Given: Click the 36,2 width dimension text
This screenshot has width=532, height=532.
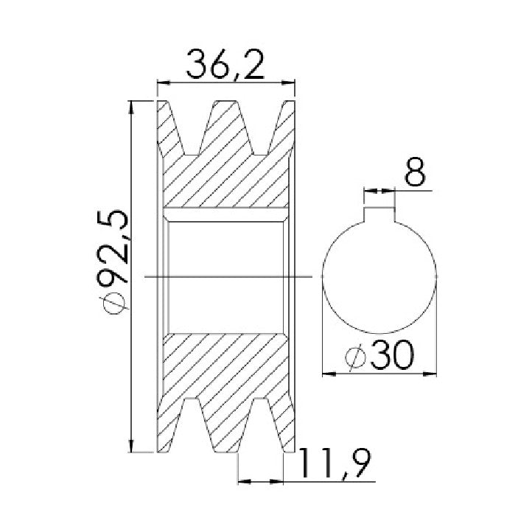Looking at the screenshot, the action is [225, 64].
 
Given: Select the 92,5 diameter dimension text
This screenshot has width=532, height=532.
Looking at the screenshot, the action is [113, 247].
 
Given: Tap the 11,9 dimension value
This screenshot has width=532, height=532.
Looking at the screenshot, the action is [335, 463].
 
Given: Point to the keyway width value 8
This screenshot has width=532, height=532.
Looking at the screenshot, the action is [415, 172].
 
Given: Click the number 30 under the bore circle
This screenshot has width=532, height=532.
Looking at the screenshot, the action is [393, 355].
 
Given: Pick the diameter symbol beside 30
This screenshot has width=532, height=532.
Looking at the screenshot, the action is [355, 357].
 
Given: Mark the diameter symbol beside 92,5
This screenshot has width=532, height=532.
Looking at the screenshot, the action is [113, 301].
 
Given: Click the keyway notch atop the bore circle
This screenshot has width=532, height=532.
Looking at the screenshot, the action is [379, 214].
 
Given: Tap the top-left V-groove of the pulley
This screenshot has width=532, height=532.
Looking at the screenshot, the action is [192, 128].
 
